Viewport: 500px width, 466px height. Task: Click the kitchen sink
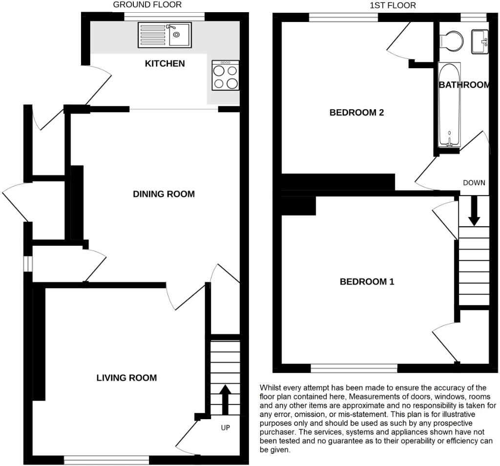(166, 35)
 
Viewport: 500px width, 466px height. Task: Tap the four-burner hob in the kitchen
(226, 76)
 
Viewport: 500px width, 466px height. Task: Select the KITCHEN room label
(165, 63)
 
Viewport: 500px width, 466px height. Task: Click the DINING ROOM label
(164, 194)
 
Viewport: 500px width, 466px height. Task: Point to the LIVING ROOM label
(126, 377)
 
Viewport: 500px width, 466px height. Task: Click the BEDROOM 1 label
(367, 282)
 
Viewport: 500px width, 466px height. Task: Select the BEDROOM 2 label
(356, 113)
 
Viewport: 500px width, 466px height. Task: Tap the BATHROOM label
(464, 85)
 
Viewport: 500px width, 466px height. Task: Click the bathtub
(448, 105)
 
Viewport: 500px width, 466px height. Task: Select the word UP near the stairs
(225, 427)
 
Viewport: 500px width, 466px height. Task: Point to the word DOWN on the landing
(474, 183)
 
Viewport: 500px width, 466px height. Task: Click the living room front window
(106, 459)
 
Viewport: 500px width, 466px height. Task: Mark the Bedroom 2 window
(344, 17)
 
